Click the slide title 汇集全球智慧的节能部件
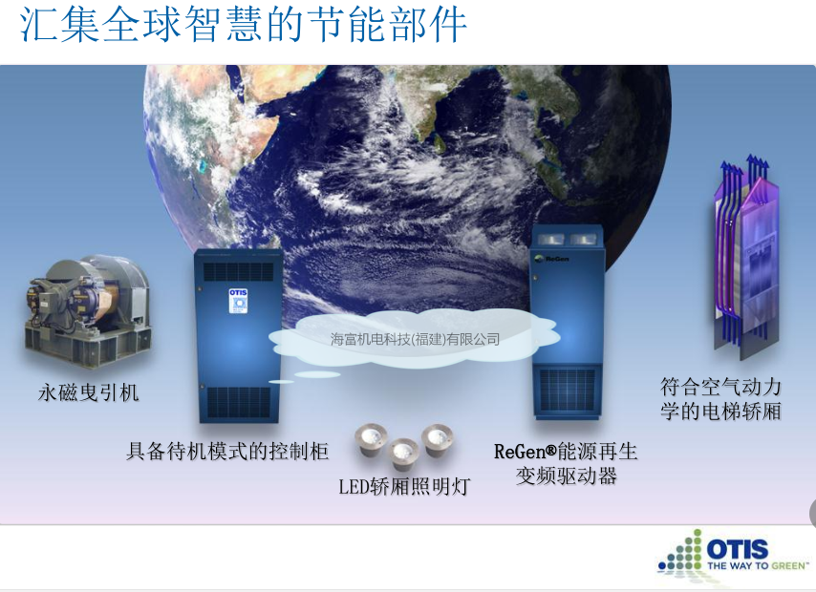click(243, 25)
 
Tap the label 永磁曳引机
click(89, 392)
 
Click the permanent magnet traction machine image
click(88, 311)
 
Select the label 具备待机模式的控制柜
click(226, 451)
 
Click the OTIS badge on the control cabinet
click(238, 301)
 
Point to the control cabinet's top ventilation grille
click(238, 271)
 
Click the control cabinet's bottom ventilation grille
click(239, 402)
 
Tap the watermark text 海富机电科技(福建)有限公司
click(415, 340)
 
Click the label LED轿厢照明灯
click(404, 486)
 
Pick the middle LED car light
click(404, 455)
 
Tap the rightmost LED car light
click(437, 440)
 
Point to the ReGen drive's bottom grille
click(568, 391)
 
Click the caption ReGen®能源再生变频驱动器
click(566, 463)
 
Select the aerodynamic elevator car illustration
click(745, 258)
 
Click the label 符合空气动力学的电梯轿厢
click(720, 399)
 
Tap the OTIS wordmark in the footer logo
click(737, 549)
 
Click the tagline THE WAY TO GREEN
click(758, 565)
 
